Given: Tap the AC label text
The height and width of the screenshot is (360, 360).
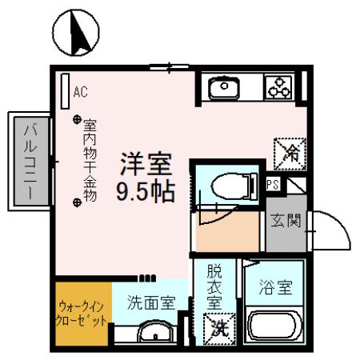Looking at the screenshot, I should click(80, 91).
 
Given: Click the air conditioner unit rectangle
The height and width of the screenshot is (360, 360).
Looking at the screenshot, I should click(63, 86).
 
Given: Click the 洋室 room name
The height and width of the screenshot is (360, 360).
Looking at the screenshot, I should click(146, 165).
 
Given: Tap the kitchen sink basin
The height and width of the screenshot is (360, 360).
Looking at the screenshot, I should click(226, 86).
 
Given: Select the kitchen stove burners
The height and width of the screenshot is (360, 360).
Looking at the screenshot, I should click(279, 87).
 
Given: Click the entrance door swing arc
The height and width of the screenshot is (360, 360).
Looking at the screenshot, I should click(332, 232).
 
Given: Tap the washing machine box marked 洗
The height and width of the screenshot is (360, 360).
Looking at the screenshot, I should click(218, 327).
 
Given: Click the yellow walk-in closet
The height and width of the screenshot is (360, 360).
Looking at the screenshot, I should click(82, 314).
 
